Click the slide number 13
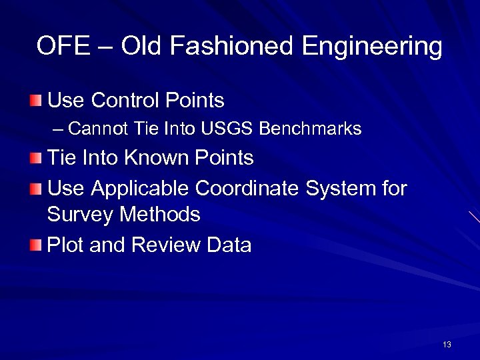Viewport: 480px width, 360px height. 447,345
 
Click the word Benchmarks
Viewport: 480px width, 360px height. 310,129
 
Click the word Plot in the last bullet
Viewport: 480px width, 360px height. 65,245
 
